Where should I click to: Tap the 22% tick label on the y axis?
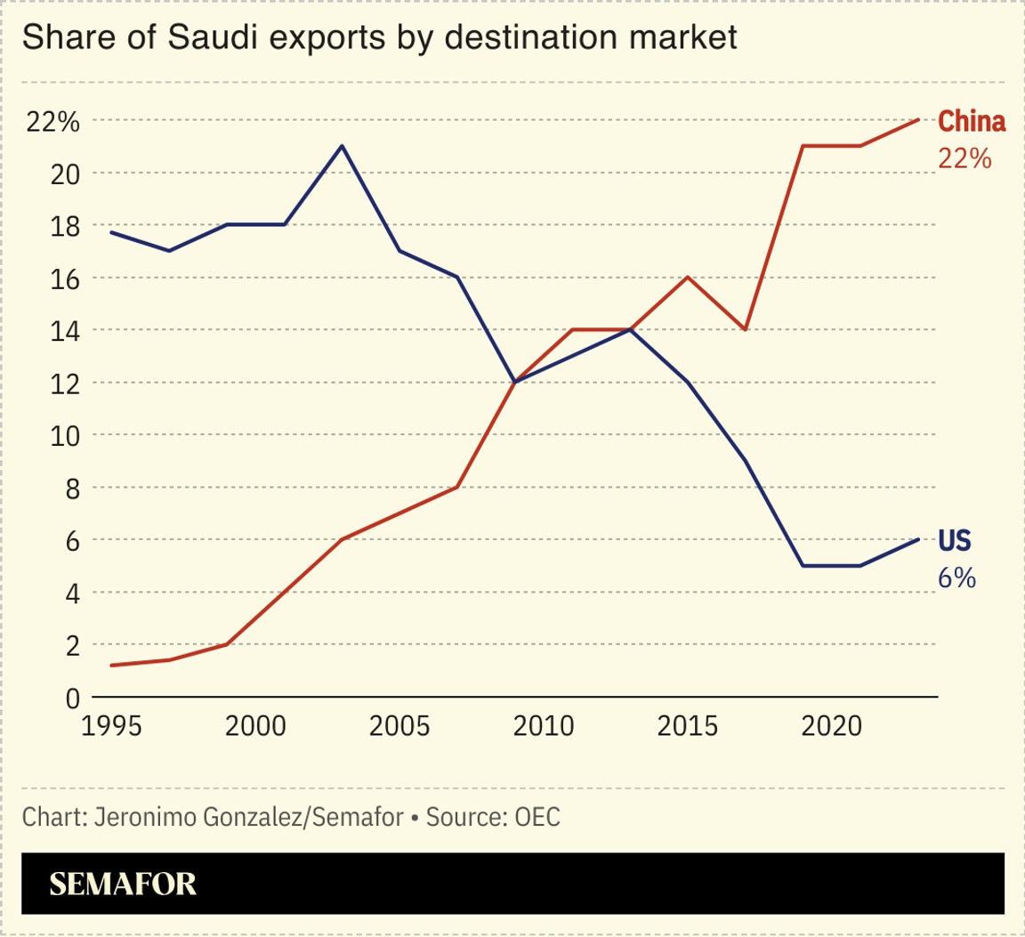(53, 122)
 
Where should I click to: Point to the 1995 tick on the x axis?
(110, 725)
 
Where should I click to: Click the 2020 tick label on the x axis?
(831, 725)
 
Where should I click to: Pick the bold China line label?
(972, 121)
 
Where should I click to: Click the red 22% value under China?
(964, 158)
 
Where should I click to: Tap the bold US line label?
(955, 540)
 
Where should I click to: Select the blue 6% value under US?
(956, 578)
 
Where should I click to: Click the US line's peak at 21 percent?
(343, 146)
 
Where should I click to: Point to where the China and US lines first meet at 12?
(515, 382)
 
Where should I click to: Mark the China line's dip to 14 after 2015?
(745, 329)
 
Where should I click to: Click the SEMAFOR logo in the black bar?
(123, 884)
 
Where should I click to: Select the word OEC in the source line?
(537, 817)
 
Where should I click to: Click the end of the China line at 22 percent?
(917, 120)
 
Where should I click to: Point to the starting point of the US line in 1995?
(110, 232)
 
